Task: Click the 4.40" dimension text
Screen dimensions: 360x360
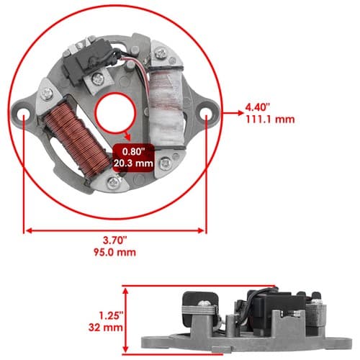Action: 258,107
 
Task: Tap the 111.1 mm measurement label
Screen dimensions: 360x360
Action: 270,120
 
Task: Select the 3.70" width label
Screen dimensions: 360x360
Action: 114,240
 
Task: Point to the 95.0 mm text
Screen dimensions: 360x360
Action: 114,252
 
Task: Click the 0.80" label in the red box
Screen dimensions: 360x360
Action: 134,151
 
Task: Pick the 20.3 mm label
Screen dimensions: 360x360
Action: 133,163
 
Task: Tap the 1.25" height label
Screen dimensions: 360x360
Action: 111,315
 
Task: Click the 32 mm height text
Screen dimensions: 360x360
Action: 106,328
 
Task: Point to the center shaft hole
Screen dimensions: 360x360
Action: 116,113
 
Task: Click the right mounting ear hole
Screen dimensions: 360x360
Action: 207,112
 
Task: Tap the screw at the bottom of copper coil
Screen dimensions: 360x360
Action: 114,183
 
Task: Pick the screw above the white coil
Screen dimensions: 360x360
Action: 161,54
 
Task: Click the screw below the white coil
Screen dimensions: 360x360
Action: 166,163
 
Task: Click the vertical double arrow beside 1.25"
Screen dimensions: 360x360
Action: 125,320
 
